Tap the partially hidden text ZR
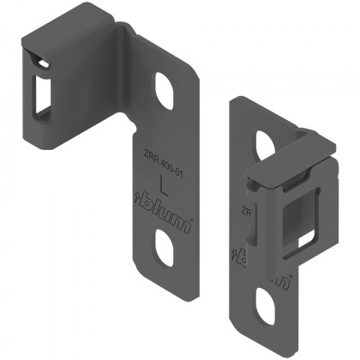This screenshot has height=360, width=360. tap(245, 209)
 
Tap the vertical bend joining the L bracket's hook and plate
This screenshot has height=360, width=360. tap(126, 86)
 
